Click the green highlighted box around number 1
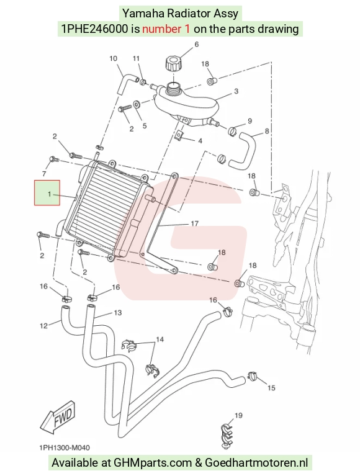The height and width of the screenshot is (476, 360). pos(47,193)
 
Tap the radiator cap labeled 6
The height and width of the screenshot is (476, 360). pos(173,63)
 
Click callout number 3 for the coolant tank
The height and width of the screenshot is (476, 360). pos(236,91)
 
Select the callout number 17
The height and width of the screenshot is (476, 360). pos(194,224)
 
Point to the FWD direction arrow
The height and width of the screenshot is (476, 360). pos(58,418)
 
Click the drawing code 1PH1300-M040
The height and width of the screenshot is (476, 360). pos(65,448)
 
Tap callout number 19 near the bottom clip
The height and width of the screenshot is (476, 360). pos(238,415)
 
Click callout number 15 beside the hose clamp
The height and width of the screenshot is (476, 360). pos(271,388)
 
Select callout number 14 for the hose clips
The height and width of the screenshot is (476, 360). pos(160,339)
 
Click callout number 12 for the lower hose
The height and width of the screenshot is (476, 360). pos(43,326)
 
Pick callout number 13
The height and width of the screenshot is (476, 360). pos(117,312)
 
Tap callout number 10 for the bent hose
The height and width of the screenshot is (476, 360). pos(113,58)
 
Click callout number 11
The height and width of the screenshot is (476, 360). pos(136,58)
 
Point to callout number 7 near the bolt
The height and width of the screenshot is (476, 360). pos(44,174)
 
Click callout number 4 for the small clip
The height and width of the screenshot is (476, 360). pos(200,141)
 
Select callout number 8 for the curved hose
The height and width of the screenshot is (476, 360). pos(267,131)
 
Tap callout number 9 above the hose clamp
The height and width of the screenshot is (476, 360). pos(250,121)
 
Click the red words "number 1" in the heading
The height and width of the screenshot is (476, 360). pos(166,29)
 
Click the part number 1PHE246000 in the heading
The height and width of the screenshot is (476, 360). pos(94,29)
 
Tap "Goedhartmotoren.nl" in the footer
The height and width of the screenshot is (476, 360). pos(256,462)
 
